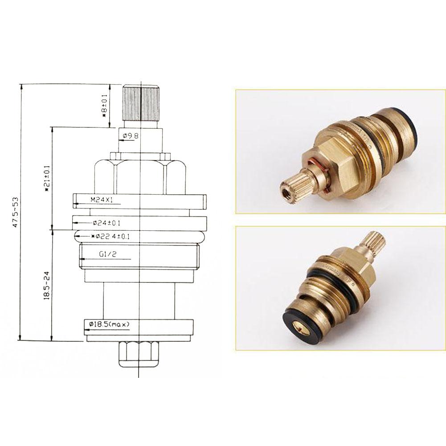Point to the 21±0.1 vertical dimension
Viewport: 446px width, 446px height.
tap(46, 178)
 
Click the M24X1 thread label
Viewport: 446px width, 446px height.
tap(102, 200)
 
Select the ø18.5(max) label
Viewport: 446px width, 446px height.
tap(109, 325)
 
